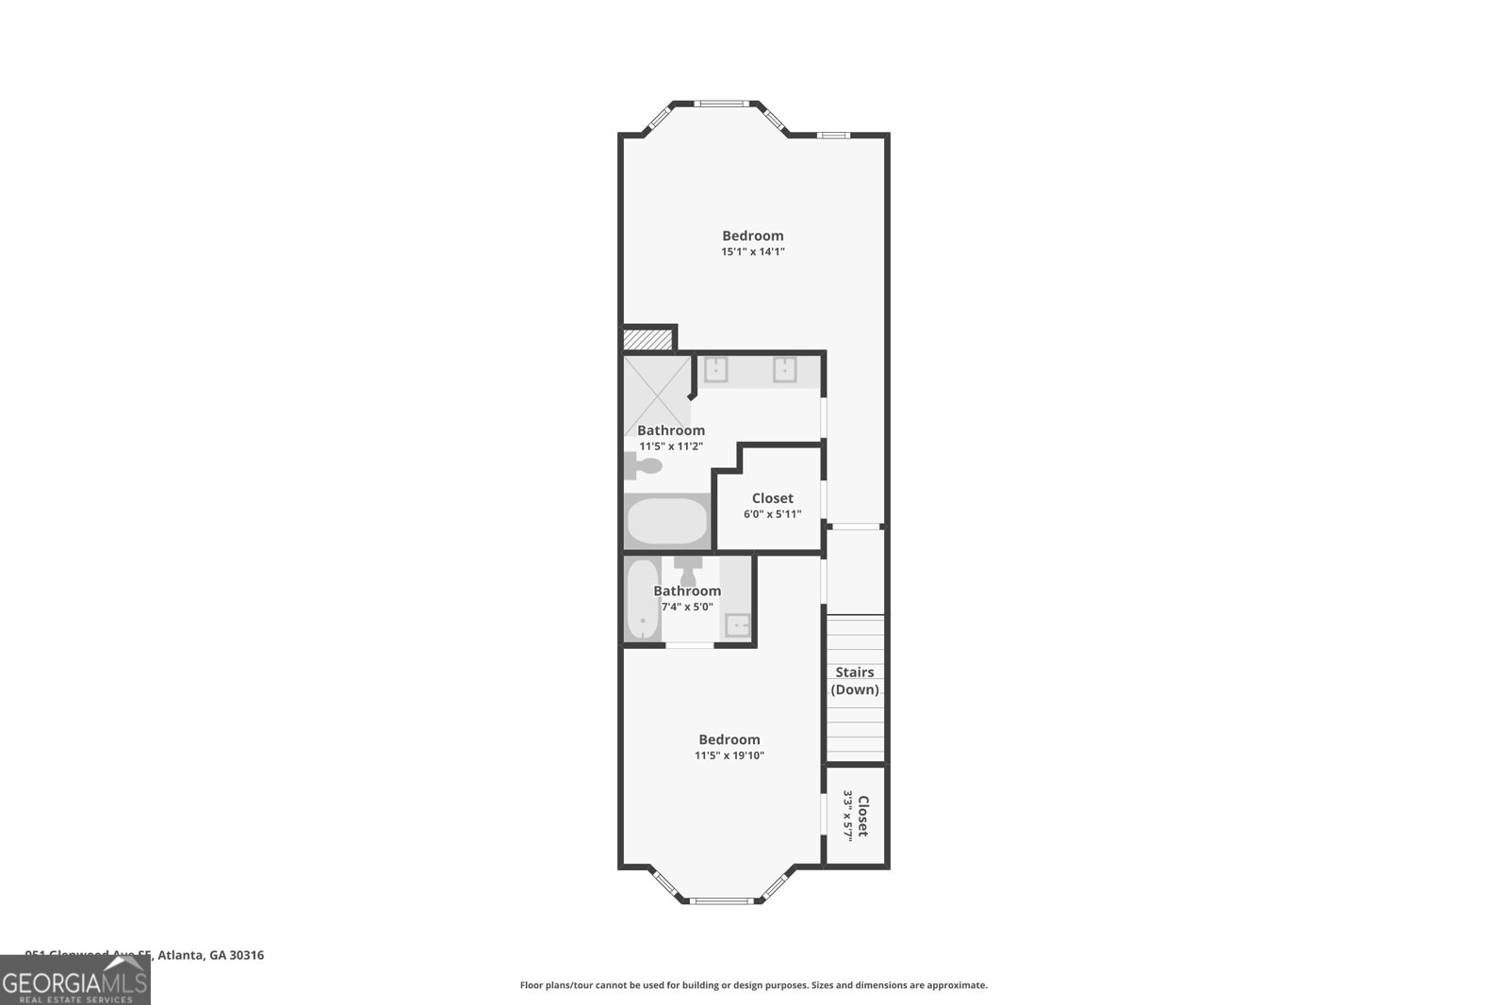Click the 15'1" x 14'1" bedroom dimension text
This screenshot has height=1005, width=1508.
click(x=753, y=252)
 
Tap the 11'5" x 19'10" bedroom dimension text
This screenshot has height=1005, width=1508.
click(x=729, y=755)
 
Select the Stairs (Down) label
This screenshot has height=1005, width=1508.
click(x=855, y=681)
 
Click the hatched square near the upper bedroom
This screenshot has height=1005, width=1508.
click(x=648, y=338)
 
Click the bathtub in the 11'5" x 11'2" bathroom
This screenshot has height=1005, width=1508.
click(x=667, y=521)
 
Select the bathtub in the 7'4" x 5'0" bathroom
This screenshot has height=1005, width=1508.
click(x=643, y=600)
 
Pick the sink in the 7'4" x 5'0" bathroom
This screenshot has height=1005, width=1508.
click(x=737, y=625)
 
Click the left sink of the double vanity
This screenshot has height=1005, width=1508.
click(x=716, y=369)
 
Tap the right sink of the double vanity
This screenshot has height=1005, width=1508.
click(x=786, y=369)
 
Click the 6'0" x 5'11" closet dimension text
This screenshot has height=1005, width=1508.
click(x=772, y=514)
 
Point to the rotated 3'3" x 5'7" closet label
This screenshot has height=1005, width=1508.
click(x=855, y=816)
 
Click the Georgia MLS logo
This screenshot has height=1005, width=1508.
click(x=74, y=981)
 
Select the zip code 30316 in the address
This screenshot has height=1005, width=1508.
click(x=247, y=955)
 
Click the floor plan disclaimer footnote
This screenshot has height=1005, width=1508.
click(x=753, y=985)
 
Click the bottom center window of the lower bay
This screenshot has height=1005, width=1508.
click(x=725, y=901)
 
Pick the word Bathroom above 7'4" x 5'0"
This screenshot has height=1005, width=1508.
click(x=687, y=592)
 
